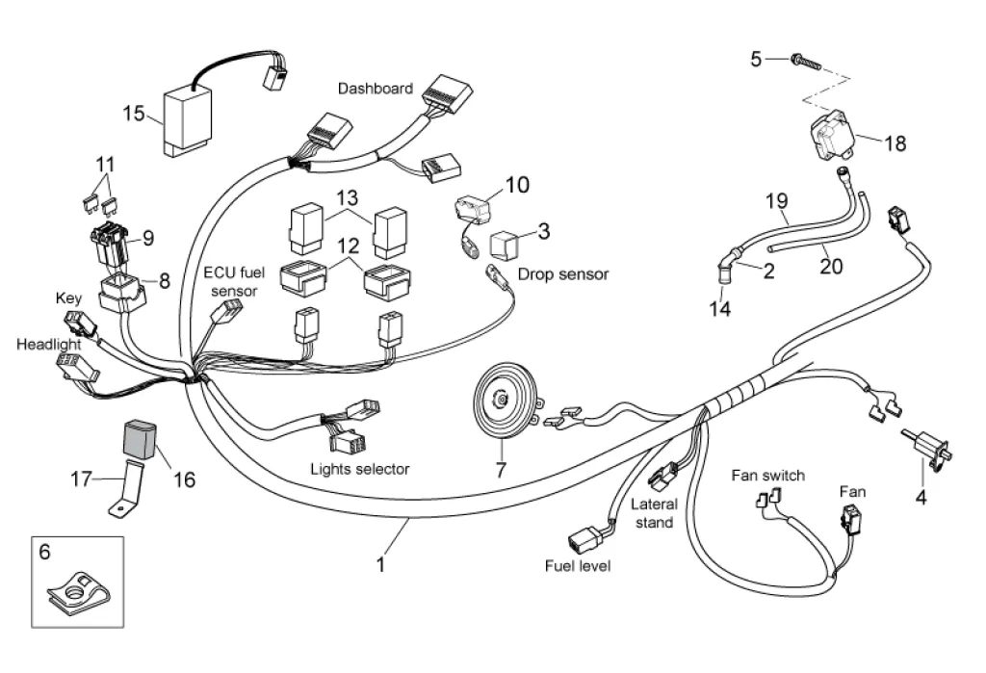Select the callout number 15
134,115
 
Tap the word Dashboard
376,89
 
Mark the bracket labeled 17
124,493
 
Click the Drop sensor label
563,274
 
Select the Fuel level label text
578,565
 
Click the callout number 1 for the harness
380,564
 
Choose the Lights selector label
360,470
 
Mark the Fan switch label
767,476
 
